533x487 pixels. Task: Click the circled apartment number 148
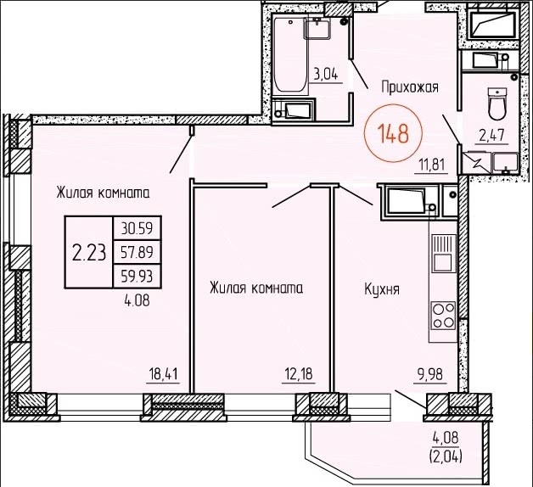[x=393, y=133]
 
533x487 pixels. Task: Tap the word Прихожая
[x=410, y=87]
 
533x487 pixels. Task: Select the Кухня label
[x=382, y=289]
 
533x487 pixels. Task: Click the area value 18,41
[x=163, y=374]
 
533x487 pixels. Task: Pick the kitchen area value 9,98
[x=430, y=374]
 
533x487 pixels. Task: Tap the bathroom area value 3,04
[x=326, y=75]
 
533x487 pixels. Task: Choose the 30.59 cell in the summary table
[x=137, y=228]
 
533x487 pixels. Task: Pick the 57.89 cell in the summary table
[x=137, y=252]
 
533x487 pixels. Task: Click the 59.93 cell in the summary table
[x=137, y=276]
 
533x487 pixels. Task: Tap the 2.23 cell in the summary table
[x=89, y=253]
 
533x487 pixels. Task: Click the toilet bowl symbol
[x=497, y=104]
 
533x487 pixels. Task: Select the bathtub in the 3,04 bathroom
[x=290, y=54]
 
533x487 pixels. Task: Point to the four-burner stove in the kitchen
[x=443, y=316]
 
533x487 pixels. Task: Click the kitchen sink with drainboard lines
[x=444, y=254]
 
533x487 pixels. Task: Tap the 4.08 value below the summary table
[x=137, y=300]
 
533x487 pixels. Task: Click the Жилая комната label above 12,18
[x=256, y=288]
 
